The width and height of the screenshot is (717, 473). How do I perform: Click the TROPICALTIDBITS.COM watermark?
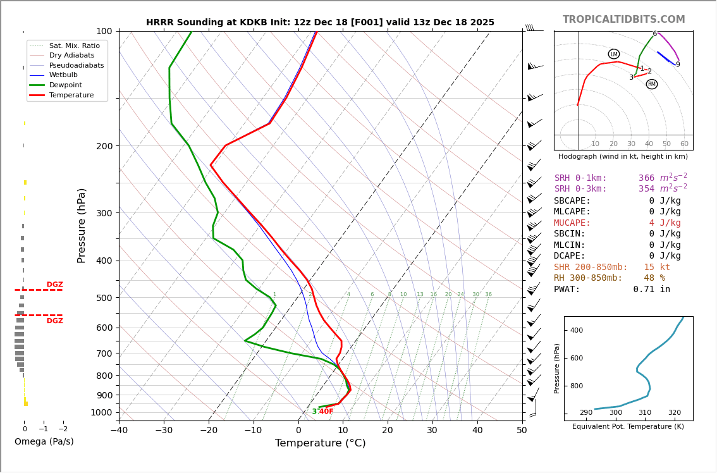(x=623, y=20)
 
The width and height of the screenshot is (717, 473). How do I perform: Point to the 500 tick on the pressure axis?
(x=104, y=298)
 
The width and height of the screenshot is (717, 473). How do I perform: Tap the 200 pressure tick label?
(x=104, y=146)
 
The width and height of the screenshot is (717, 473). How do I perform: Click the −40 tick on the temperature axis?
(x=119, y=431)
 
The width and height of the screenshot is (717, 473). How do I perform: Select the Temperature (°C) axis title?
(x=320, y=443)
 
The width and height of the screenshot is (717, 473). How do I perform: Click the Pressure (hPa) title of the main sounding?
(x=82, y=225)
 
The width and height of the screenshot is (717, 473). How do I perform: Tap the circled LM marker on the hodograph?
(x=614, y=54)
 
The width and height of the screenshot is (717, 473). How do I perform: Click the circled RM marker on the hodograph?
(x=652, y=84)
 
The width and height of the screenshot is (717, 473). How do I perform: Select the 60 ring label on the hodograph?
(x=684, y=144)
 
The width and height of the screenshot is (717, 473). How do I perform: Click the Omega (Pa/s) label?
(x=44, y=441)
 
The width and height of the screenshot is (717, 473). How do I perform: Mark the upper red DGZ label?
(x=54, y=285)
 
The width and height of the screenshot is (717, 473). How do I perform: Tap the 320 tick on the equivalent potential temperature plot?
(x=674, y=413)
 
